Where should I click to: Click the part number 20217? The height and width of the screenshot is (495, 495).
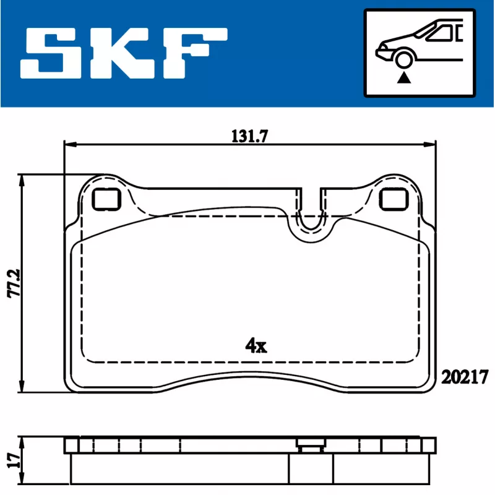click(x=465, y=376)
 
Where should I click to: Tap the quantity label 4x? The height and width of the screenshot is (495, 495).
click(x=255, y=346)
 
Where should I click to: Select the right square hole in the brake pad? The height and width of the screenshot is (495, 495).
click(x=393, y=199)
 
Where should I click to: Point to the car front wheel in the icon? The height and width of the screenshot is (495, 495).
click(x=405, y=60)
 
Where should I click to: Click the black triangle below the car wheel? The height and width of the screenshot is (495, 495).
click(x=405, y=77)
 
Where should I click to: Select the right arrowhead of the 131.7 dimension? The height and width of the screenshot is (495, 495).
click(x=431, y=145)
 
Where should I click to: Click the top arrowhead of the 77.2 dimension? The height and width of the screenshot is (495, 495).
click(x=23, y=179)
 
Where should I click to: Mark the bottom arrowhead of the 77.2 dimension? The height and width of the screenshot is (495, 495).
click(x=23, y=388)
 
